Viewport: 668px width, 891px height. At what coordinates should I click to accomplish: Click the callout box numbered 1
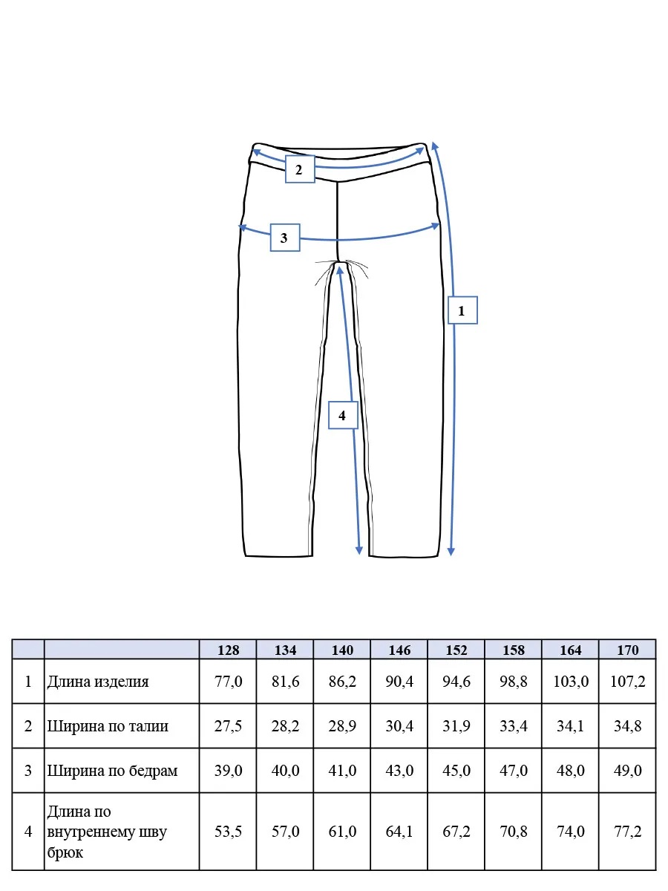click(x=462, y=310)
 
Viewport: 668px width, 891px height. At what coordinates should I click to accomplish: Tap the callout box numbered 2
click(x=300, y=169)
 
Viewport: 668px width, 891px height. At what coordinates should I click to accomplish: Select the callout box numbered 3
click(x=285, y=238)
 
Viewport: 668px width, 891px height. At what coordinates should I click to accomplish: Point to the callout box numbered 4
click(x=343, y=415)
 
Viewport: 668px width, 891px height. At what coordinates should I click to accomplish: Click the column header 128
click(x=228, y=650)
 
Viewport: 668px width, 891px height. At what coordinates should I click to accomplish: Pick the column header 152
click(x=456, y=650)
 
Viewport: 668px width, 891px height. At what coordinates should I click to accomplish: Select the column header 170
click(x=627, y=650)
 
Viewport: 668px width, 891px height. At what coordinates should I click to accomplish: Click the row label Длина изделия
click(x=98, y=682)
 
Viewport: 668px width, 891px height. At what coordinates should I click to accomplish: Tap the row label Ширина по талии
click(x=108, y=726)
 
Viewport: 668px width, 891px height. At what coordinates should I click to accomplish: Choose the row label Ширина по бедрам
click(x=112, y=771)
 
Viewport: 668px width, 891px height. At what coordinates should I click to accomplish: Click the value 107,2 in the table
click(x=627, y=682)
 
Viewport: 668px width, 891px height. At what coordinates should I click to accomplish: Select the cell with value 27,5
click(x=228, y=726)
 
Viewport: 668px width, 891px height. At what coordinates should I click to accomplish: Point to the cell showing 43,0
click(x=399, y=771)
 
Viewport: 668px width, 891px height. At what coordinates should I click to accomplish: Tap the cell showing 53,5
click(x=228, y=832)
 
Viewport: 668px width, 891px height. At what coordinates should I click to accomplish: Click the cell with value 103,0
click(x=571, y=682)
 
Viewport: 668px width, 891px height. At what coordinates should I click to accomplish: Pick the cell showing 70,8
click(x=514, y=832)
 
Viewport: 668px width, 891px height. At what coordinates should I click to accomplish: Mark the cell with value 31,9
click(x=456, y=726)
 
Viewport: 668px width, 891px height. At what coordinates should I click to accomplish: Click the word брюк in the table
click(x=65, y=852)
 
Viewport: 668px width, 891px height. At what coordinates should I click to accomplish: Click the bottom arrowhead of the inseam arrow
click(x=359, y=549)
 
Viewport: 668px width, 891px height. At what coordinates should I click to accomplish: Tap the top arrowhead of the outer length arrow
click(x=434, y=146)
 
